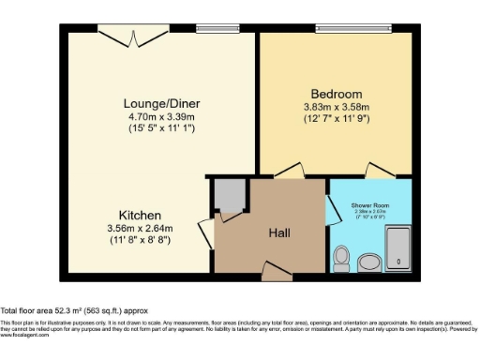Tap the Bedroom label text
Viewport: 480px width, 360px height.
tap(337, 95)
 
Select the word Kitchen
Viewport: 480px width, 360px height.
tap(140, 215)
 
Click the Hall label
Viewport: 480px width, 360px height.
tap(280, 232)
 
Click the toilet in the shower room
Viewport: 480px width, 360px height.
tap(342, 256)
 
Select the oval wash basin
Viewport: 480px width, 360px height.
tap(369, 261)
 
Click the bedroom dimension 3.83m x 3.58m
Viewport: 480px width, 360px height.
tap(337, 108)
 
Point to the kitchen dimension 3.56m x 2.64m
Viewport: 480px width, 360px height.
tap(140, 229)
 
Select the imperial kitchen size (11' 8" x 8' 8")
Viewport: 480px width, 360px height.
tap(140, 241)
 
